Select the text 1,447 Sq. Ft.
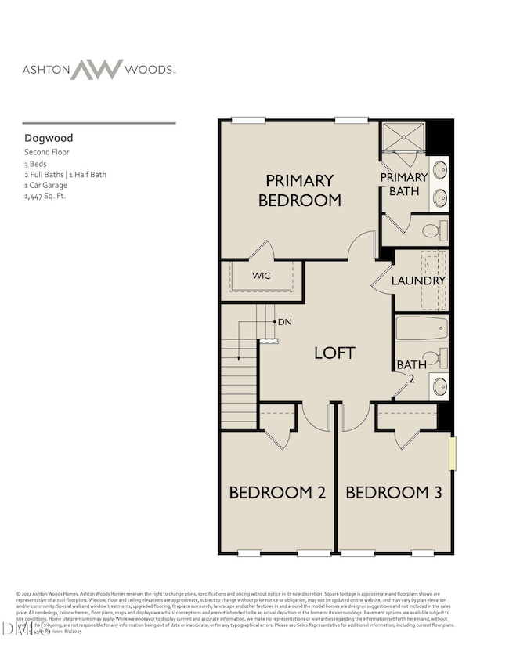45,197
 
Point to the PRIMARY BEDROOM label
300,190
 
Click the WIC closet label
261,277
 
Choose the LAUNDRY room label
418,281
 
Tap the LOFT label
334,353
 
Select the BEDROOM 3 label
394,493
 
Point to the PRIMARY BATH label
404,184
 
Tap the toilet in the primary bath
436,230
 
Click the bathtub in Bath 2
421,328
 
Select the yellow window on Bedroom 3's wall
452,454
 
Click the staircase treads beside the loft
240,368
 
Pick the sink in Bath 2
439,386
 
